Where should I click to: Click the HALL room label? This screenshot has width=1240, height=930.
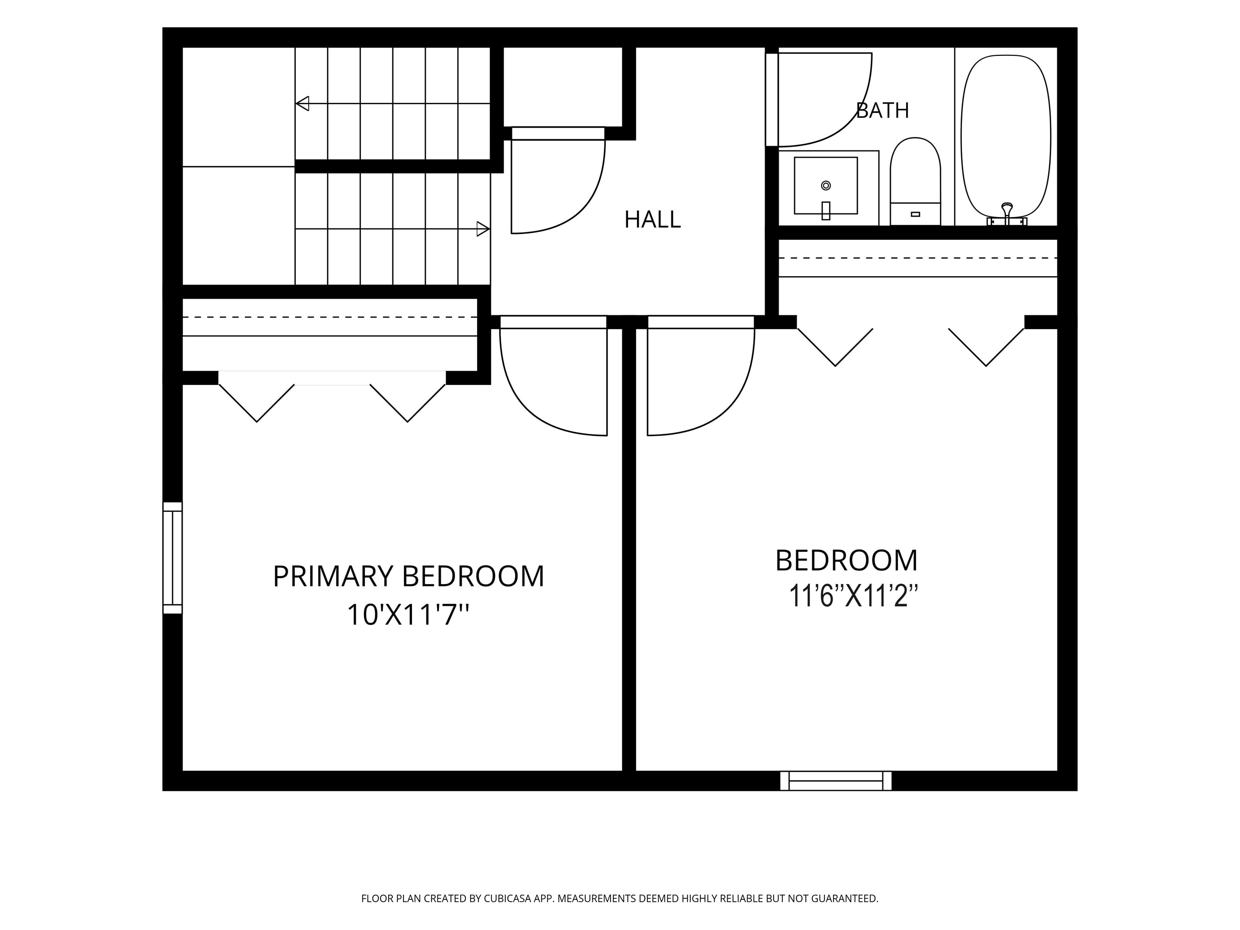tap(652, 219)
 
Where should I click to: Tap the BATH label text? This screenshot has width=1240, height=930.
tap(882, 110)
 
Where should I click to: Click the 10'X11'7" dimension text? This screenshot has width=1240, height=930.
tap(408, 615)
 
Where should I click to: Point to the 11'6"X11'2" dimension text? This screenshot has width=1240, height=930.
tap(853, 596)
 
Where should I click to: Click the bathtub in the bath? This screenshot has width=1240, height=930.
tap(1006, 136)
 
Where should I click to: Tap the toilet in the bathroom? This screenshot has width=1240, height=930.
tap(915, 181)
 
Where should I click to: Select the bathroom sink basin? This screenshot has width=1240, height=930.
tap(826, 186)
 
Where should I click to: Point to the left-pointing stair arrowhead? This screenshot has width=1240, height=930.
tap(302, 104)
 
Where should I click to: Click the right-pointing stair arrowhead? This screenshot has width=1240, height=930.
tap(483, 229)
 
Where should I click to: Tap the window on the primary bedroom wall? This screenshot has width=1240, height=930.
tap(172, 558)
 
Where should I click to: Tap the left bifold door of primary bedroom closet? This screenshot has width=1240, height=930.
tap(257, 403)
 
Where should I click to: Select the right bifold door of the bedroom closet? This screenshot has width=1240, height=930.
tap(986, 347)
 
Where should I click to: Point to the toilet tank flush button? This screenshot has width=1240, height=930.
tap(915, 214)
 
